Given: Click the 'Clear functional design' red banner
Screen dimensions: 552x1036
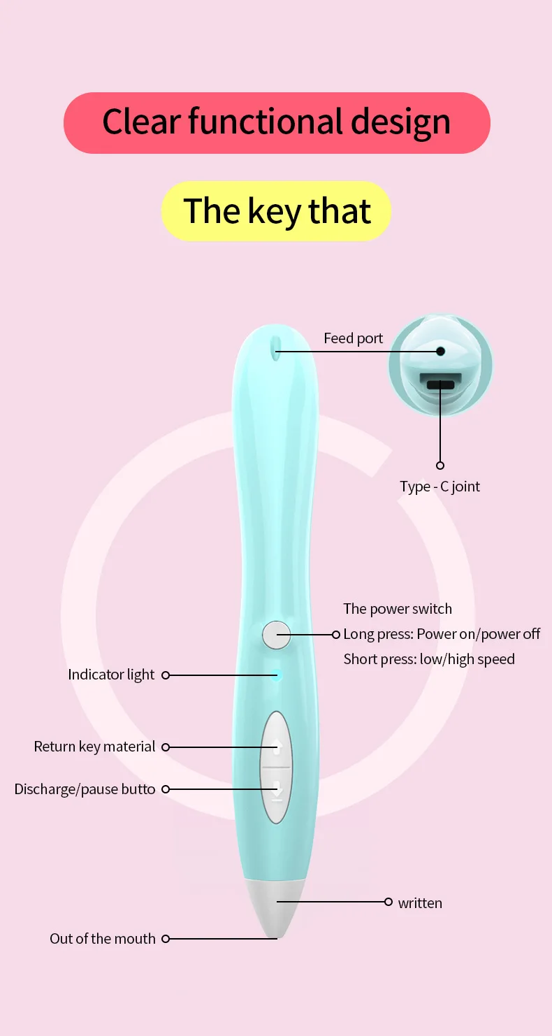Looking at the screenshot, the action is pyautogui.click(x=277, y=122).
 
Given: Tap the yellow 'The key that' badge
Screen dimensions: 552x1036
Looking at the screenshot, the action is pyautogui.click(x=277, y=211).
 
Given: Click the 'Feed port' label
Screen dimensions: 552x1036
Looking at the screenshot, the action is pyautogui.click(x=353, y=338).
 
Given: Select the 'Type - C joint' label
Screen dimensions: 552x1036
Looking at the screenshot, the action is pyautogui.click(x=440, y=487).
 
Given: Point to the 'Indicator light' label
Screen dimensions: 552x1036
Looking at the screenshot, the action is pyautogui.click(x=111, y=675).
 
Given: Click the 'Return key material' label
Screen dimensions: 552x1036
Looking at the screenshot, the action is pyautogui.click(x=94, y=747).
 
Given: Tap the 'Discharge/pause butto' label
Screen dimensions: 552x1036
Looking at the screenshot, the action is pyautogui.click(x=85, y=789).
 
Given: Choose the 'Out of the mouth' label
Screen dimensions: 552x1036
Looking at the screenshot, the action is pyautogui.click(x=103, y=939).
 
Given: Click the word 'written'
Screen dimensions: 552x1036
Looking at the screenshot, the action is pyautogui.click(x=420, y=903).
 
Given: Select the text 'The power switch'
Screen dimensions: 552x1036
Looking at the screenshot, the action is pyautogui.click(x=398, y=609).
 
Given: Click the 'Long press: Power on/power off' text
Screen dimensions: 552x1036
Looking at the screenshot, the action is pyautogui.click(x=442, y=634).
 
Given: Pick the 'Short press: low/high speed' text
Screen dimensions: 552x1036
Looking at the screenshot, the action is pyautogui.click(x=429, y=659).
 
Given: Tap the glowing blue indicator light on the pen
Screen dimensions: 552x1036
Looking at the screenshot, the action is pyautogui.click(x=277, y=675).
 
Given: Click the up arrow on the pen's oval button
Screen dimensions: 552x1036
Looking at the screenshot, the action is pyautogui.click(x=277, y=747).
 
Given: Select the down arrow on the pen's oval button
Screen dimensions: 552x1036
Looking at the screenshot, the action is pyautogui.click(x=277, y=790).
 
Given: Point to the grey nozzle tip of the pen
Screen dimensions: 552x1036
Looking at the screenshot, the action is pyautogui.click(x=276, y=909).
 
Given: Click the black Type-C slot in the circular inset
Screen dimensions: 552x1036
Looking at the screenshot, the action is pyautogui.click(x=440, y=384).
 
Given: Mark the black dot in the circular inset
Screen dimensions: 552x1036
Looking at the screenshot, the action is pyautogui.click(x=440, y=351).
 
